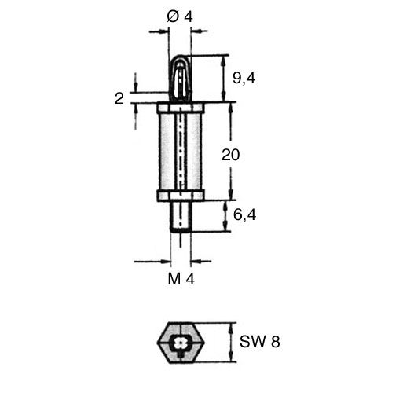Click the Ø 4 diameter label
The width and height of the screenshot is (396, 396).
(180, 17)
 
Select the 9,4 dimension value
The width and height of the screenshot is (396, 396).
(244, 78)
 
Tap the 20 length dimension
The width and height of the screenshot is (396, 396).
(230, 155)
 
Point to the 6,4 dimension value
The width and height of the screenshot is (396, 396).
(244, 215)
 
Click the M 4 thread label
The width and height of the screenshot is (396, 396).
(181, 279)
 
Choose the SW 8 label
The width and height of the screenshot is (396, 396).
(260, 342)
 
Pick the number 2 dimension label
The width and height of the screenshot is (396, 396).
(119, 99)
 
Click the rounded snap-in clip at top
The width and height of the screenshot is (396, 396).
(180, 78)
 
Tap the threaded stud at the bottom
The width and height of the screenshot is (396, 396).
(181, 216)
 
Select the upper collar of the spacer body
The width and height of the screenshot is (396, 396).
(181, 108)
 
